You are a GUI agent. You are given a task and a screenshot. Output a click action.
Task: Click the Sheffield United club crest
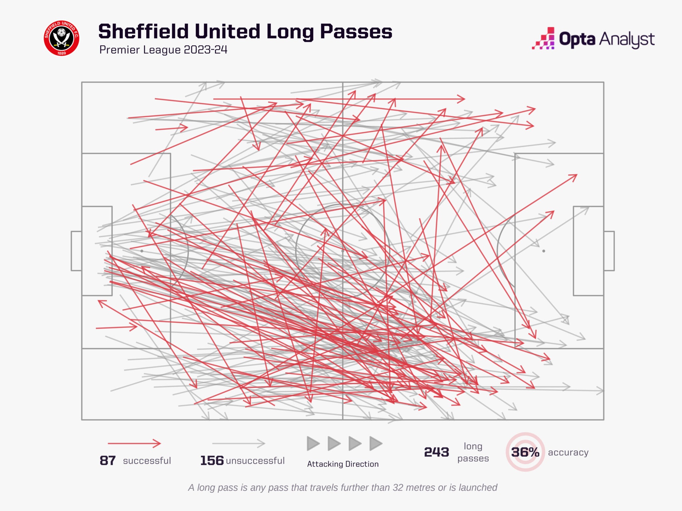62,38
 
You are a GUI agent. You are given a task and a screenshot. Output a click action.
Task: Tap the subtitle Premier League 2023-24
163,50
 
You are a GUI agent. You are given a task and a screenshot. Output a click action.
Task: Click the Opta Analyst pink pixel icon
543,39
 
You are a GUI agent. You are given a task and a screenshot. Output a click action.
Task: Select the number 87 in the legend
108,461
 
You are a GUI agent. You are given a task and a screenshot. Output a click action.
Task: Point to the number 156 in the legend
212,461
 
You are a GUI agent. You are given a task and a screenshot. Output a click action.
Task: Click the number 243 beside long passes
436,452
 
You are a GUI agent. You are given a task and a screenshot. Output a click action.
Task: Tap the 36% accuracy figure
525,452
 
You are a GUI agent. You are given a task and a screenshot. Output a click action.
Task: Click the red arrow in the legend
134,443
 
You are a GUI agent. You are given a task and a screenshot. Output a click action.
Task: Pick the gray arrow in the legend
238,443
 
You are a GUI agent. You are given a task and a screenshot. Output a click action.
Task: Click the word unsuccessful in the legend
255,461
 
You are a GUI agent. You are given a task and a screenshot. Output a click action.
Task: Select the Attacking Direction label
343,464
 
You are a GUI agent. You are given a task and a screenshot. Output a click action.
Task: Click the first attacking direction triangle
313,443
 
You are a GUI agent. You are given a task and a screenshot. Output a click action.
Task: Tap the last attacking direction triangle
375,443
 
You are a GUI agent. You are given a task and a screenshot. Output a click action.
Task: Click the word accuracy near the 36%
568,452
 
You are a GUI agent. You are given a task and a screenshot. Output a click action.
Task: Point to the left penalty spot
142,251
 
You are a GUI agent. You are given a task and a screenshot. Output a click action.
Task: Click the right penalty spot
543,251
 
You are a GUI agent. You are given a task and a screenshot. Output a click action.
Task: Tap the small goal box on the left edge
76,251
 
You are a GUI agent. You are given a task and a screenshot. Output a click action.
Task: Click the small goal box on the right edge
609,251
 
